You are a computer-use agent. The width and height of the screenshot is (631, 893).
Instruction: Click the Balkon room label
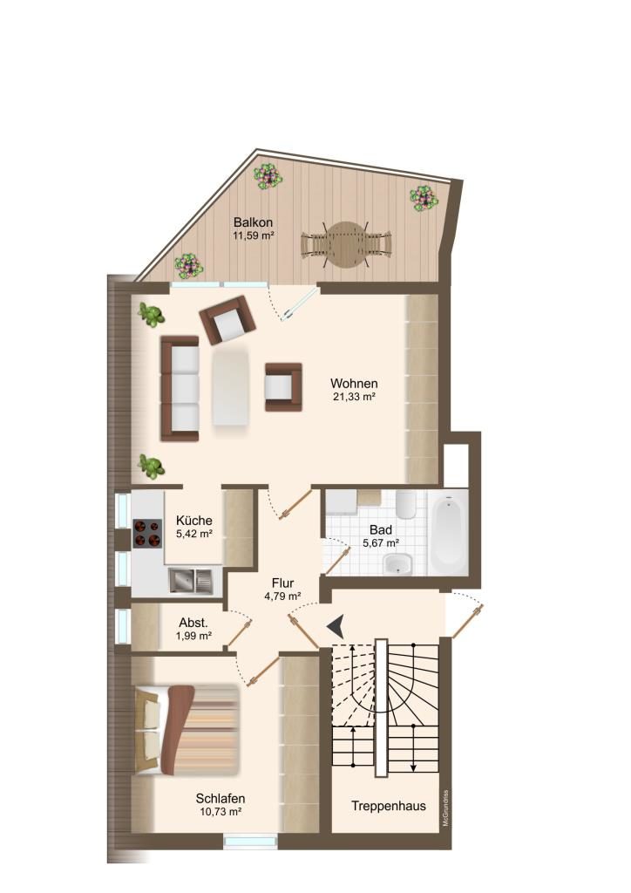coord(254,222)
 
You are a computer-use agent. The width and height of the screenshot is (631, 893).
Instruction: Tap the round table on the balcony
coord(346,244)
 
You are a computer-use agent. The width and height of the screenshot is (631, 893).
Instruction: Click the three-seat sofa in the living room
coord(180,388)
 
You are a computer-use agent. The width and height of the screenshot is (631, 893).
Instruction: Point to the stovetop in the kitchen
coord(147,534)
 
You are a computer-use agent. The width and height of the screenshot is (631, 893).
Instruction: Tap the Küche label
coord(194,520)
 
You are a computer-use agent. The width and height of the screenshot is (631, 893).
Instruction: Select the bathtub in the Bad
coord(449,533)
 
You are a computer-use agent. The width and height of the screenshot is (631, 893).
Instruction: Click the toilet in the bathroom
coord(405,505)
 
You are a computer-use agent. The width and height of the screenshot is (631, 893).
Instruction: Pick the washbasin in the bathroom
coord(397,564)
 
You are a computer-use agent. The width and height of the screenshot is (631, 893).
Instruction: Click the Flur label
coord(282,583)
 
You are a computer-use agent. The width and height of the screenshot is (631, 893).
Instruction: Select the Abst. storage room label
coord(193,623)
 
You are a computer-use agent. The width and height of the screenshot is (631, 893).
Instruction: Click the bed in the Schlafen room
coord(186,730)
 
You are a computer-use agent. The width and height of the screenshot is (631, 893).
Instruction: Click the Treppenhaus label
coord(389,806)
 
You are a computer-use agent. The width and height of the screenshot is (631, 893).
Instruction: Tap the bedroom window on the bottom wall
coord(250,842)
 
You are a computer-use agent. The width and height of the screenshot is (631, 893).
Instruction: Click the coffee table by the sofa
coord(230,387)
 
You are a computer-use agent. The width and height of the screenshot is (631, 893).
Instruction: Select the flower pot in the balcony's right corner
coord(424,198)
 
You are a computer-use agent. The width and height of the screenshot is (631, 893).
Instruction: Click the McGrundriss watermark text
coord(446,808)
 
